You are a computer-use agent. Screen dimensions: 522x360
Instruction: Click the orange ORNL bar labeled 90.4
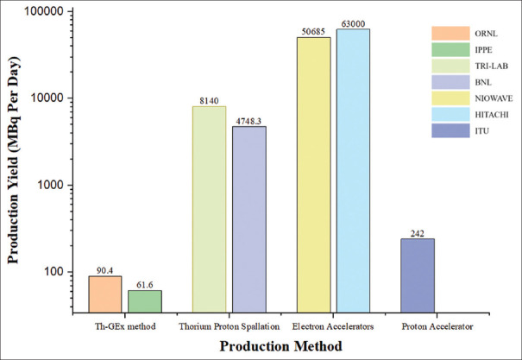tap(105, 294)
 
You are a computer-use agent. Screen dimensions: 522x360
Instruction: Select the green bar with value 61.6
tap(145, 301)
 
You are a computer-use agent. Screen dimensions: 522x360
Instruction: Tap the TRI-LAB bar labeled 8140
tap(210, 210)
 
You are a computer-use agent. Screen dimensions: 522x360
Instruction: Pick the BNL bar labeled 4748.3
tap(249, 219)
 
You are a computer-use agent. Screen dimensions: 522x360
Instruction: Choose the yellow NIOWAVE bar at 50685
tap(314, 175)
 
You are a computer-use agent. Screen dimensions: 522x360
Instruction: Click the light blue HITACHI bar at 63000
tap(353, 171)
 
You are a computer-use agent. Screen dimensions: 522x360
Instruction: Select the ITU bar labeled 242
tap(418, 275)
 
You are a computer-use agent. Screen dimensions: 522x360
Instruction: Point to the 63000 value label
tap(353, 24)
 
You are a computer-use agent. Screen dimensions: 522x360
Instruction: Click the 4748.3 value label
tap(249, 121)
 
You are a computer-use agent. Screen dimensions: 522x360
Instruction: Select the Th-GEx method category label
tap(125, 326)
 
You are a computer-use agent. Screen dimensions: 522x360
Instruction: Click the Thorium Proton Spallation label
tap(229, 326)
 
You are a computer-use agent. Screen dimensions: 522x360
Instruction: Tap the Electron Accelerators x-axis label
tap(333, 326)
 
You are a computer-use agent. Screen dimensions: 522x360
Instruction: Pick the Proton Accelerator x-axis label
tap(437, 326)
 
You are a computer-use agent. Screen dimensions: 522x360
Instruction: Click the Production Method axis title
tap(280, 346)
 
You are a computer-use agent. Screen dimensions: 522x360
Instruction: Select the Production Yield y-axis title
tap(13, 161)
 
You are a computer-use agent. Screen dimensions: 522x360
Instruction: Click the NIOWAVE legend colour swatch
tap(450, 98)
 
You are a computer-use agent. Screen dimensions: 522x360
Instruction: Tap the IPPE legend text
tap(483, 50)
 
